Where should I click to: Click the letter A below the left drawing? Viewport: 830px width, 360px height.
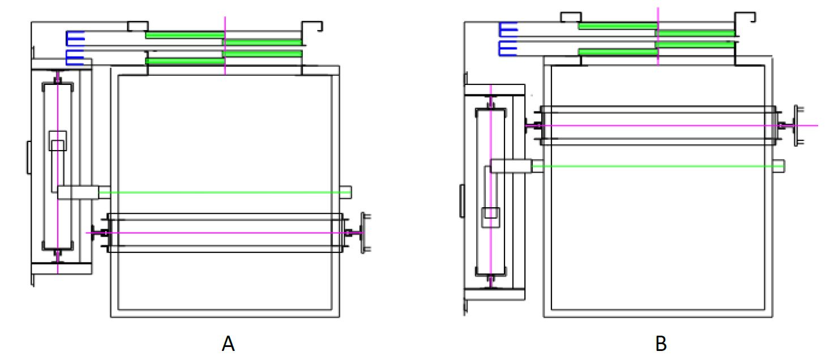click(x=228, y=344)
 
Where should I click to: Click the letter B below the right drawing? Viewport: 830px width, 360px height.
click(x=661, y=344)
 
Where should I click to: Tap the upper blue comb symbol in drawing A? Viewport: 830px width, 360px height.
click(x=75, y=38)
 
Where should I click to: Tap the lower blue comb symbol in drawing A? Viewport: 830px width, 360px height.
click(x=75, y=57)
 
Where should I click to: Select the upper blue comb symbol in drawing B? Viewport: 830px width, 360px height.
click(x=508, y=29)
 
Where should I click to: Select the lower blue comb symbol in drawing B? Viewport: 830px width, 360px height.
click(x=508, y=49)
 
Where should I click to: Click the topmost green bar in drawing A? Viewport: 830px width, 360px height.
click(x=185, y=35)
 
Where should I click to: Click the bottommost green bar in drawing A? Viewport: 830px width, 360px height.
click(x=185, y=61)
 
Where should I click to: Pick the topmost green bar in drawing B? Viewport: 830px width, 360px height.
click(x=618, y=26)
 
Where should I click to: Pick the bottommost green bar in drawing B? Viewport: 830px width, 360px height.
click(x=618, y=52)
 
